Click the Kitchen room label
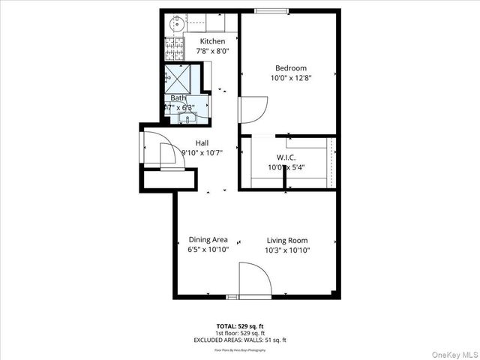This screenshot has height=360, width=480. pyautogui.click(x=212, y=41)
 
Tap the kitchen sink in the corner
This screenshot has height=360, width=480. pyautogui.click(x=176, y=25)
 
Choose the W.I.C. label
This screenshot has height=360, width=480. pyautogui.click(x=286, y=157)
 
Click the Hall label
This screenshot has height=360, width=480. pyautogui.click(x=202, y=142)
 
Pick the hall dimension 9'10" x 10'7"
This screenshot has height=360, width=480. pyautogui.click(x=202, y=152)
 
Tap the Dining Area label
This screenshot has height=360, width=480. pyautogui.click(x=208, y=240)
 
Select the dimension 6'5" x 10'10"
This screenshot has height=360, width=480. pyautogui.click(x=208, y=250)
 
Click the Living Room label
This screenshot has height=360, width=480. pyautogui.click(x=288, y=240)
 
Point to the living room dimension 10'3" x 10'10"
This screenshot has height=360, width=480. pyautogui.click(x=288, y=250)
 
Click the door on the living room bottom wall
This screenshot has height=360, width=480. pyautogui.click(x=254, y=282)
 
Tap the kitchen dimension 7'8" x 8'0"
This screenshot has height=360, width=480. pyautogui.click(x=212, y=51)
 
